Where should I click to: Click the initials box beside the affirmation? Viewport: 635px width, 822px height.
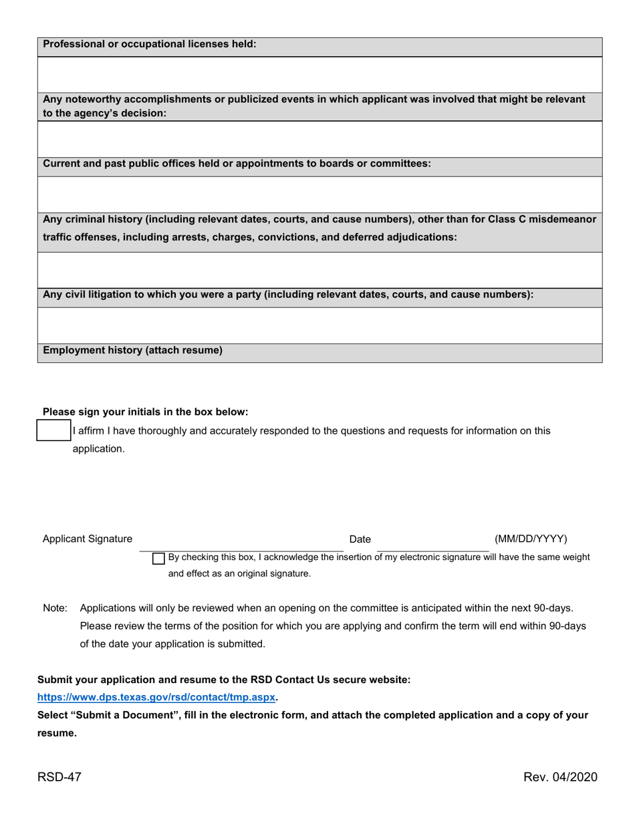53,430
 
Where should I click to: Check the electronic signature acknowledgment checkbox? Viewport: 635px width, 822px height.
158,558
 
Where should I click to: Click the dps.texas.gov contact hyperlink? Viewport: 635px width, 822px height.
156,697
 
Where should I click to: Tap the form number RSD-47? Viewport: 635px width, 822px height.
59,777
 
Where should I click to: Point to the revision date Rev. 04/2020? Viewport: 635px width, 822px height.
560,777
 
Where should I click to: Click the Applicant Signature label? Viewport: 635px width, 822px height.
87,539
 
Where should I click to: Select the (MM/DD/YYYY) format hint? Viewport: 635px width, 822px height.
531,539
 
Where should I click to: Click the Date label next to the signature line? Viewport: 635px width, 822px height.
360,539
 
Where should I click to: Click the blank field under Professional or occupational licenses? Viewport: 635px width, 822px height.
320,74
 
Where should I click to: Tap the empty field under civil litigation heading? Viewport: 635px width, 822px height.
320,325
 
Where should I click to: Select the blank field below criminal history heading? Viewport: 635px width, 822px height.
320,269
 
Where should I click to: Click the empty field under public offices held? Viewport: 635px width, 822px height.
320,194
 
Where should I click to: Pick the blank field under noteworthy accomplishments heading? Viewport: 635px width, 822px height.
320,138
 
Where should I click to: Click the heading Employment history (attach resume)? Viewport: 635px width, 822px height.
132,350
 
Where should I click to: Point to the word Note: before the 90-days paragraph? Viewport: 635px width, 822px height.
55,608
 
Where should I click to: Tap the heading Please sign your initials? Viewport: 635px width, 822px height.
145,412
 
